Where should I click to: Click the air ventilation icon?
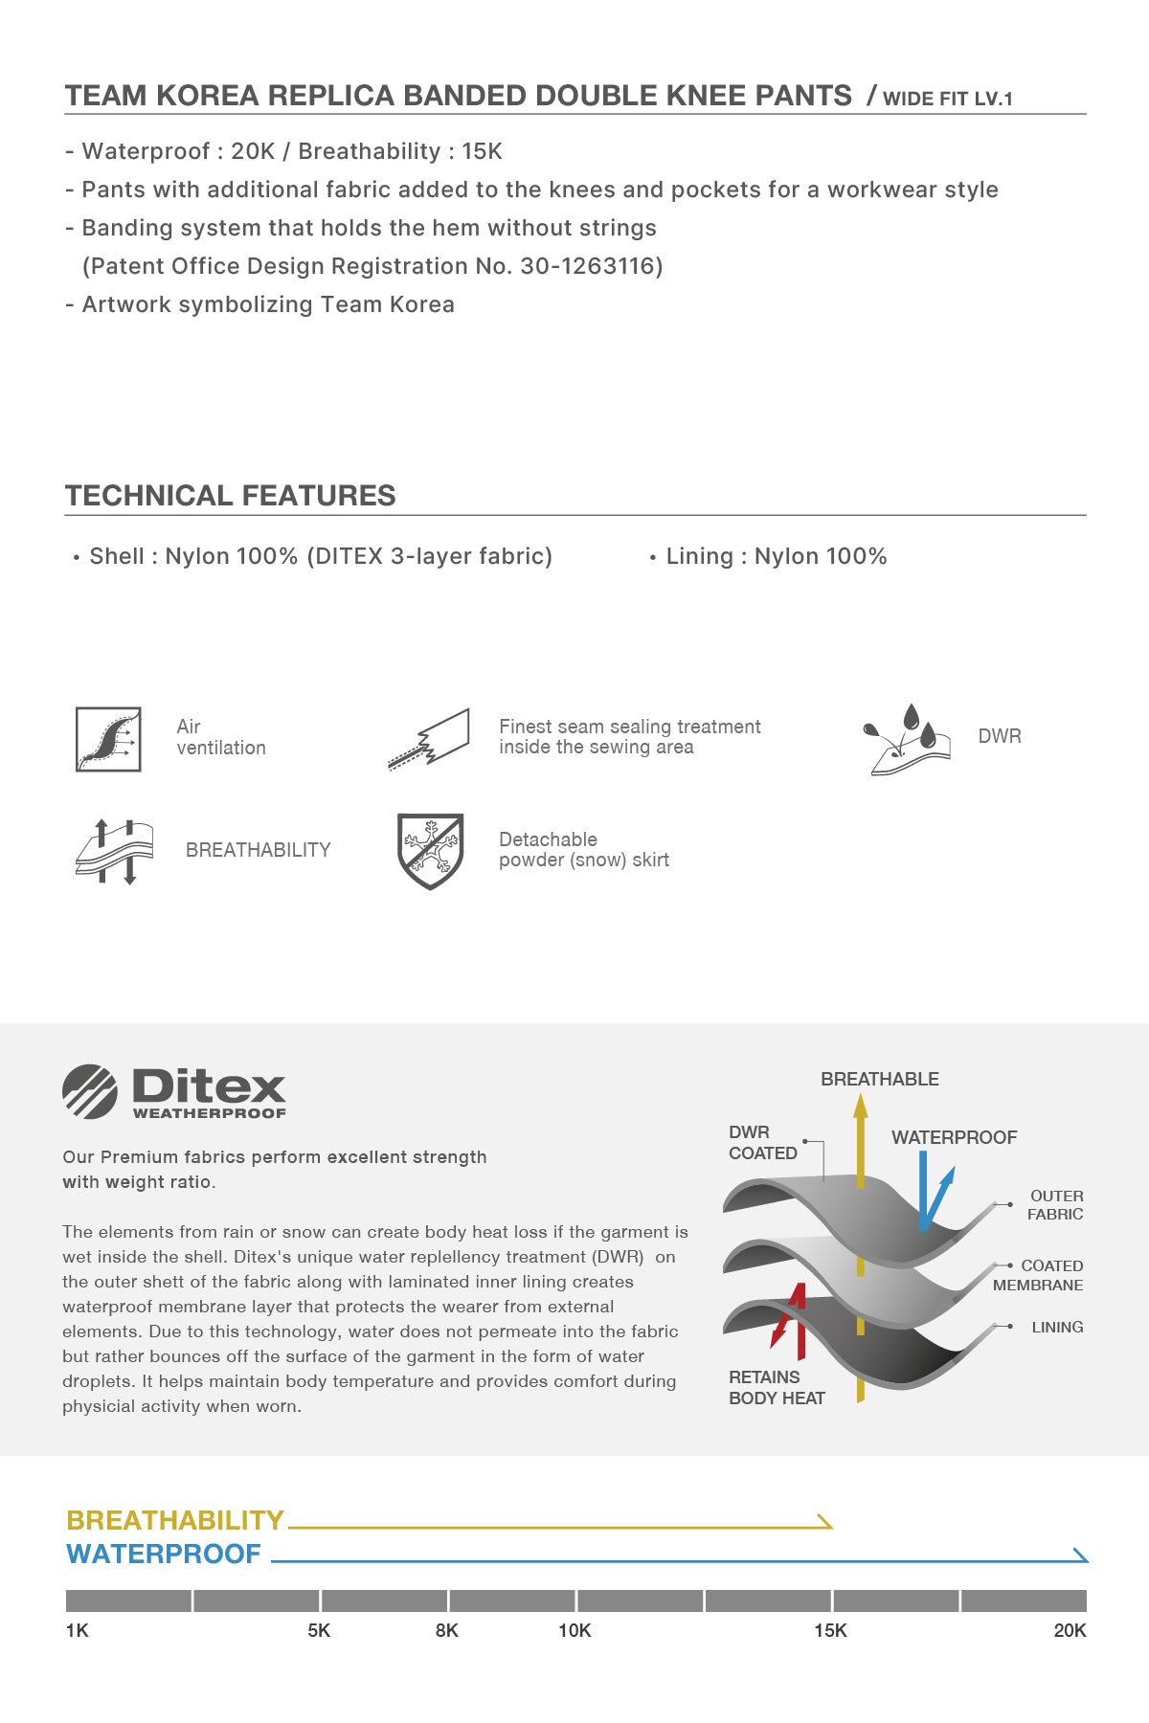click(x=108, y=739)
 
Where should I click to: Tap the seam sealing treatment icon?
click(x=430, y=740)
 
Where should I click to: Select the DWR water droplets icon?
click(x=906, y=739)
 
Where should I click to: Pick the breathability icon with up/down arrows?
click(x=114, y=851)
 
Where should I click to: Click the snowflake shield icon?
click(x=431, y=851)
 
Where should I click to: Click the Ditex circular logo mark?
click(x=90, y=1091)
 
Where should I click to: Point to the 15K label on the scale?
click(x=830, y=1630)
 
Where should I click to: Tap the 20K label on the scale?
click(x=1070, y=1630)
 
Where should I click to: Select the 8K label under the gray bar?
click(x=446, y=1630)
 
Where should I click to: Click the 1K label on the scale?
click(x=77, y=1630)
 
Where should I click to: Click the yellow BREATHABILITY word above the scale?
click(x=175, y=1520)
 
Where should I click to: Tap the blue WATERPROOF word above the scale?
click(x=164, y=1554)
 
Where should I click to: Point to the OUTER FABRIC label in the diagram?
click(x=1055, y=1205)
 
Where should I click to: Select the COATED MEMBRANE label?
click(x=1039, y=1275)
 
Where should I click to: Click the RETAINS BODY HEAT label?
click(x=777, y=1387)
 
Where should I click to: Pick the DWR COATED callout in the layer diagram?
click(x=763, y=1143)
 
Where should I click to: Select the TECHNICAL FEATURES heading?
click(x=231, y=495)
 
